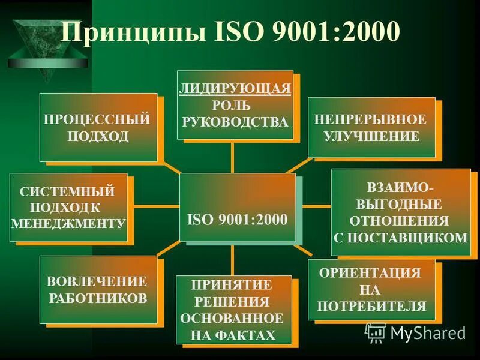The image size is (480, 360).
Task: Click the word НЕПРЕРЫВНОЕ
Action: point(370,119)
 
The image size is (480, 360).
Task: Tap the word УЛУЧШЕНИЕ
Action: point(371,136)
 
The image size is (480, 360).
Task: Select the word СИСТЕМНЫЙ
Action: point(67,192)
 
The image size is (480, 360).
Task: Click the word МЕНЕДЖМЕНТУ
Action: point(68,223)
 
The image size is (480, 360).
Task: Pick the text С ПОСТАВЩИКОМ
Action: point(400,237)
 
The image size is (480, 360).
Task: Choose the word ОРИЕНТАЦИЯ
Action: point(370,272)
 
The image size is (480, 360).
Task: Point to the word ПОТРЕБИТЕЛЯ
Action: point(371,307)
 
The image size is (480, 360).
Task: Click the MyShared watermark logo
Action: point(415,332)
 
